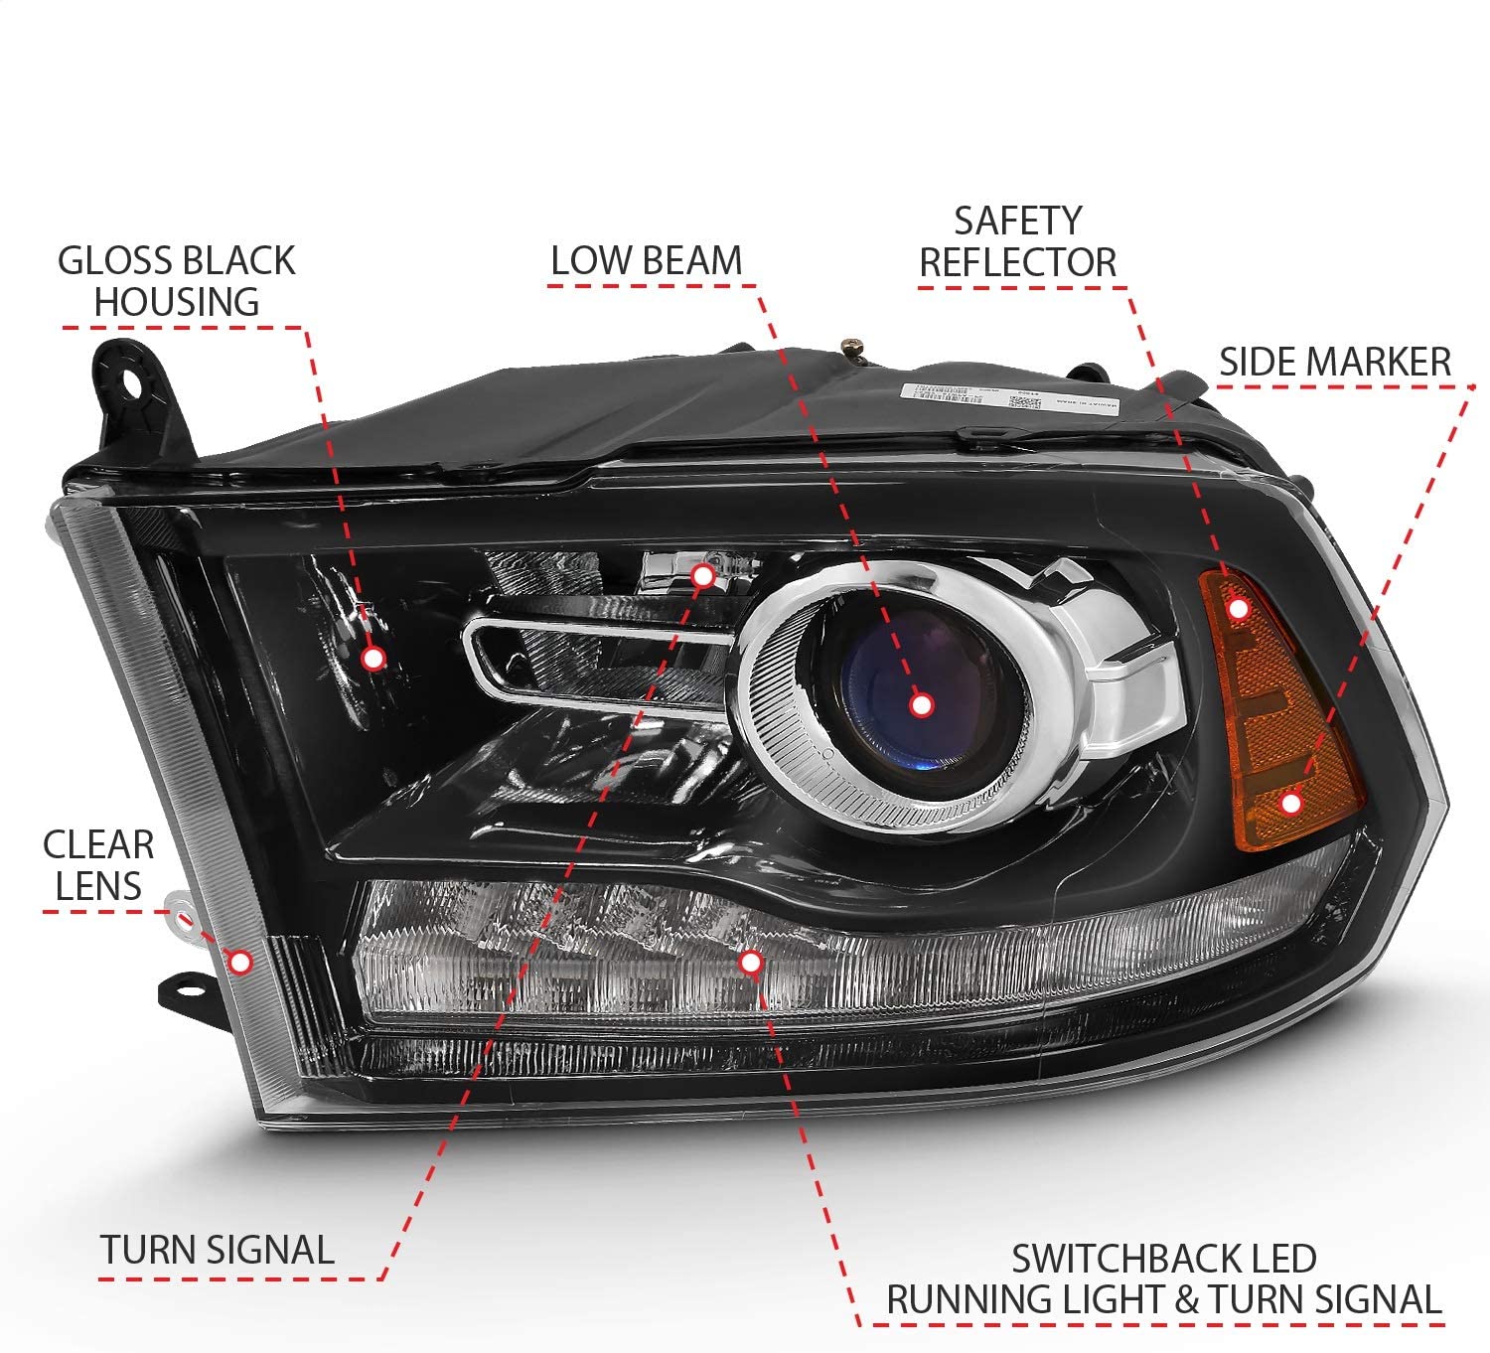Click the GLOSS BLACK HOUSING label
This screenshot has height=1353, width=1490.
coord(177,280)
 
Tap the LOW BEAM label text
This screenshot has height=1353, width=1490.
coord(647,260)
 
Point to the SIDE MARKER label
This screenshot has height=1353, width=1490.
coord(1334,362)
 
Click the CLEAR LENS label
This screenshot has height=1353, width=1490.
coord(98,865)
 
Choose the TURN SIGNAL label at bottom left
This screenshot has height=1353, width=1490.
coord(217,1250)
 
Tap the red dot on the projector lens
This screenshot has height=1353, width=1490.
coord(921,705)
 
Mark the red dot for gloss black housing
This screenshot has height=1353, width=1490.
coord(373,658)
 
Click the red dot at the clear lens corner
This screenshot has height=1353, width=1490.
coord(240,961)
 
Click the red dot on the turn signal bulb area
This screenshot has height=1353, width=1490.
coord(702,575)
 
